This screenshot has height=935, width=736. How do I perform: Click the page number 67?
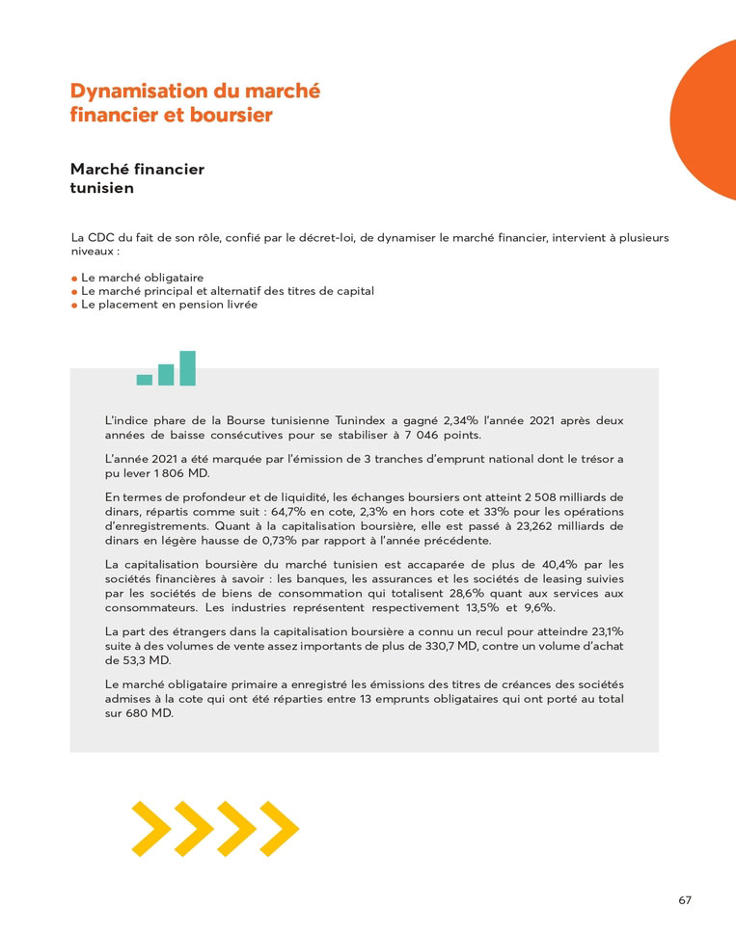[685, 900]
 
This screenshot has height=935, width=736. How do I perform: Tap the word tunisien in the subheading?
[101, 189]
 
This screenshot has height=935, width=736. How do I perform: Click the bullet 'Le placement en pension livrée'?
[169, 305]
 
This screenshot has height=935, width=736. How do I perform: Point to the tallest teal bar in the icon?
[187, 368]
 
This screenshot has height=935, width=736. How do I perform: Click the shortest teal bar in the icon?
[145, 380]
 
